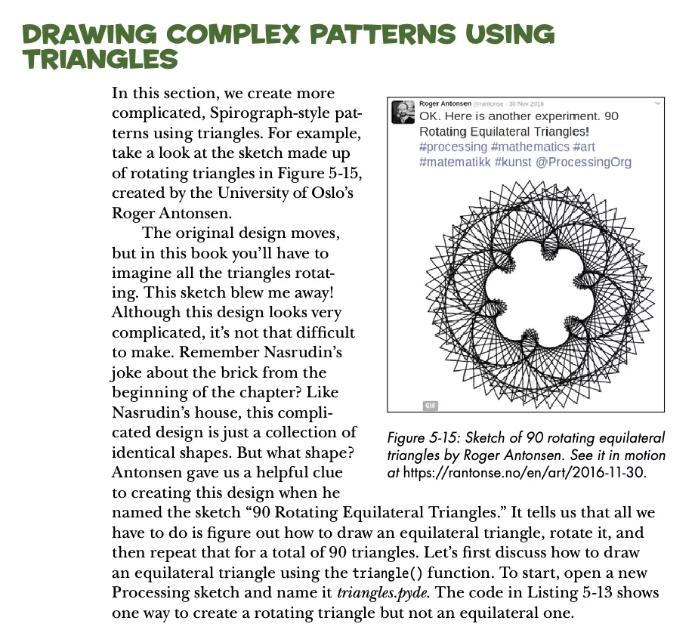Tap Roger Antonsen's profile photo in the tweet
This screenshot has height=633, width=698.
pos(402,113)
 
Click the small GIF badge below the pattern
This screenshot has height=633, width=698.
pos(431,405)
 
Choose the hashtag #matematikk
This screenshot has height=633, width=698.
pos(455,162)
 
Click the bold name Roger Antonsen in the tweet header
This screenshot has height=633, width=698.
pos(445,103)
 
